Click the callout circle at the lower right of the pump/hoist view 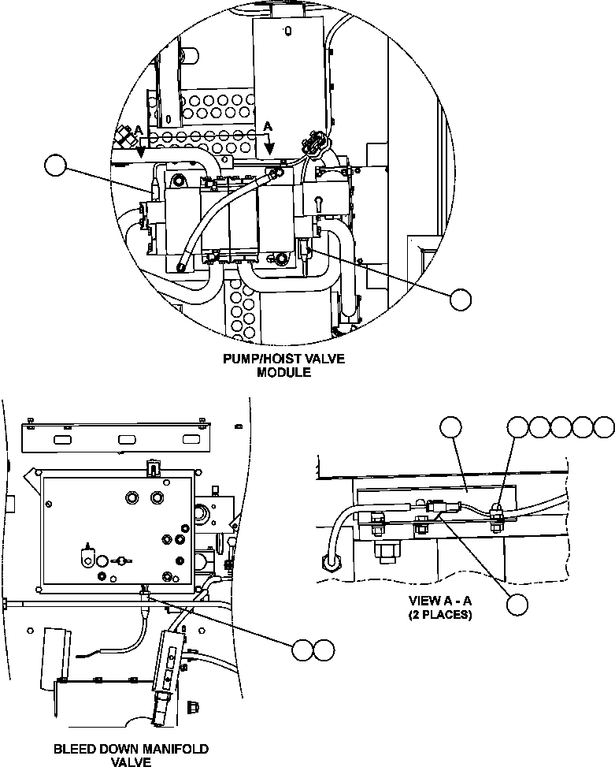coord(461,300)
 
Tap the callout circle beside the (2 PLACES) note coord(517,605)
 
